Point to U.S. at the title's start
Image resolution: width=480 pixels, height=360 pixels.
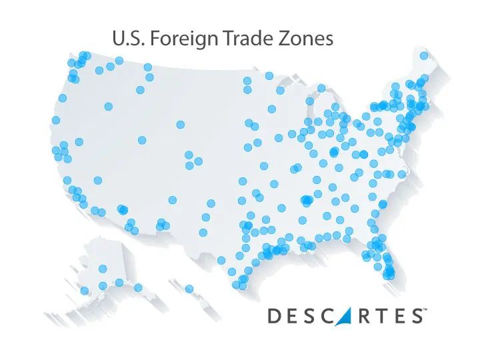131,39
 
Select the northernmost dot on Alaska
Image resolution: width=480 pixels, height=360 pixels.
103,269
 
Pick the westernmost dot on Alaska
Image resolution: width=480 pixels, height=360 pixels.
85,290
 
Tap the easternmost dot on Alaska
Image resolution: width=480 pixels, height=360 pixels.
138,287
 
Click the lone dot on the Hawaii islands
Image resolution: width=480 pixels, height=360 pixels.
189,289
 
